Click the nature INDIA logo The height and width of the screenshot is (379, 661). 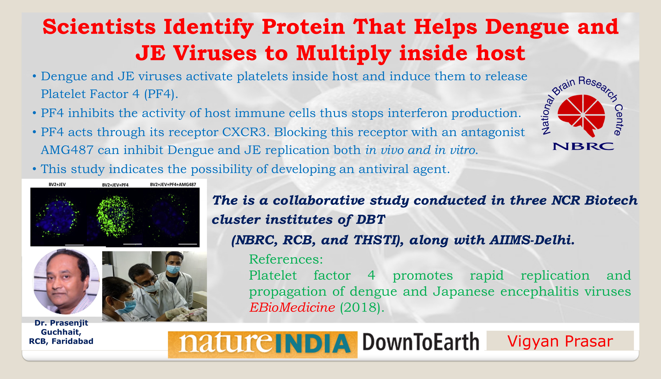point(263,344)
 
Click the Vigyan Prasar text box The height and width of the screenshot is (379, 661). point(560,341)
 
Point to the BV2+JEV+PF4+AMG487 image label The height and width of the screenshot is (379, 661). point(173,184)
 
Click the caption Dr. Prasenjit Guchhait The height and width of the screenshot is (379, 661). point(61,327)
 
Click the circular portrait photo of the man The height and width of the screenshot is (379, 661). point(66,281)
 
